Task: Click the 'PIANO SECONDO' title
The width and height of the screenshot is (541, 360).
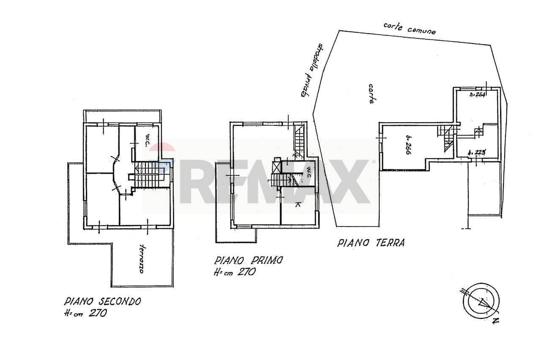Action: (x=102, y=302)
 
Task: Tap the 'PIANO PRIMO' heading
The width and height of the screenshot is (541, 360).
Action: (x=248, y=260)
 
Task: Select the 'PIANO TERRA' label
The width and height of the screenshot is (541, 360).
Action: (x=371, y=243)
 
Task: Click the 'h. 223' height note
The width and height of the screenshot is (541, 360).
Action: (x=477, y=153)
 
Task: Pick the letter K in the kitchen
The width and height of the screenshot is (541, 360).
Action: (x=298, y=205)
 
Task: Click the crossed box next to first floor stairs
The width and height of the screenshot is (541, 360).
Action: (x=276, y=166)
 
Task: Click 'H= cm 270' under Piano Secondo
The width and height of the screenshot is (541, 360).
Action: (x=85, y=314)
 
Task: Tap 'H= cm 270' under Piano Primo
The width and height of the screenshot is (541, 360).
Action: (x=234, y=273)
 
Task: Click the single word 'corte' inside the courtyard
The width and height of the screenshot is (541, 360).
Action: (x=371, y=94)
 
